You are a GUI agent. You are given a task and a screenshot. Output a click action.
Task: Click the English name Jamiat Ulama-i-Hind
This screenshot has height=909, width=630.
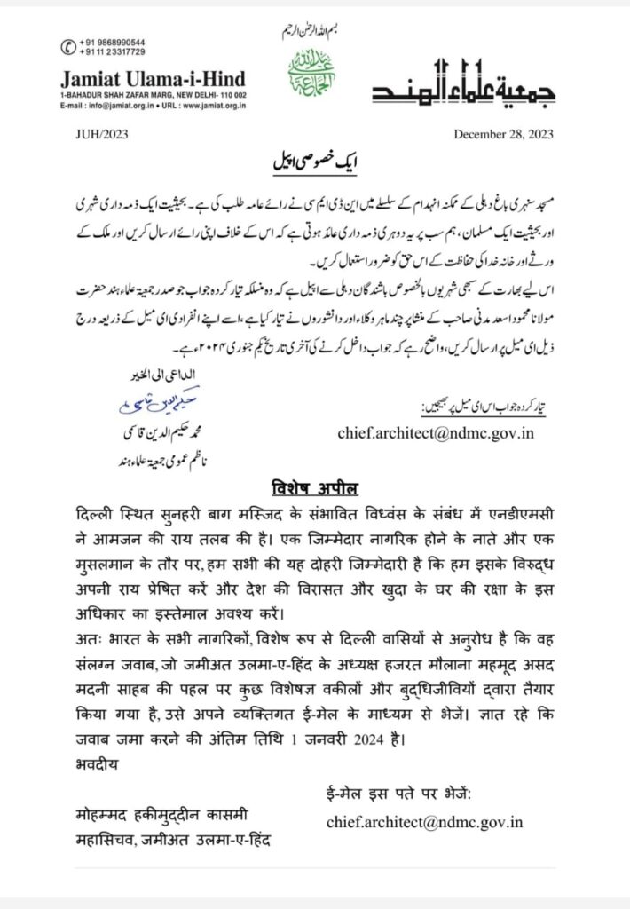coord(153,78)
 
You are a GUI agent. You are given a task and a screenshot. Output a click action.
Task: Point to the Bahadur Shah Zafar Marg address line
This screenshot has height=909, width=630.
coord(153,94)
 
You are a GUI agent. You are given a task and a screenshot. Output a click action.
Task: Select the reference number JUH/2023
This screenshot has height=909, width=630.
coord(90,135)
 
